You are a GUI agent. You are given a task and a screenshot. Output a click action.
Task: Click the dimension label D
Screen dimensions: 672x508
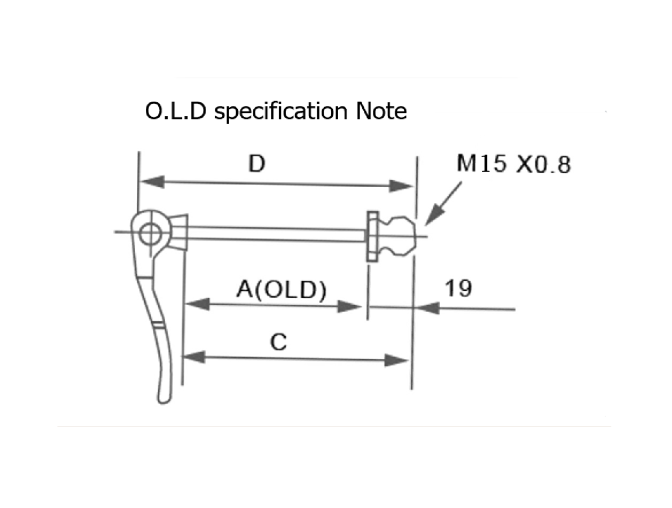coord(257,164)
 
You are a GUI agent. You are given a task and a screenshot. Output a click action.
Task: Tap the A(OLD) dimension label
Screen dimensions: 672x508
coord(281,289)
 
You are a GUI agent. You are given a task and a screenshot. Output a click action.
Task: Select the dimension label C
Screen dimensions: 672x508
coord(278,342)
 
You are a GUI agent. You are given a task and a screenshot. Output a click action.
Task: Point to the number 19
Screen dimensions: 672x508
coord(458,288)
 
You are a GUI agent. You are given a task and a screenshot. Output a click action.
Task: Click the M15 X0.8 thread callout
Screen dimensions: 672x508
coord(514,164)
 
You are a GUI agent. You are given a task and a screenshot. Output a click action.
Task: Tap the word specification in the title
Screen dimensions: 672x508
coord(281,112)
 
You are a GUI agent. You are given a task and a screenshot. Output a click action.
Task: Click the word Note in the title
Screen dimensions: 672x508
coord(381,111)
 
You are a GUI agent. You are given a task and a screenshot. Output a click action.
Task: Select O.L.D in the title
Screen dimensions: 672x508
coord(176,111)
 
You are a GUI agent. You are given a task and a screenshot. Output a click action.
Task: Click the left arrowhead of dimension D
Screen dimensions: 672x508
coord(152,182)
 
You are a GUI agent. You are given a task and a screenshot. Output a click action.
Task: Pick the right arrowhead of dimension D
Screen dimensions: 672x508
coord(400,186)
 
